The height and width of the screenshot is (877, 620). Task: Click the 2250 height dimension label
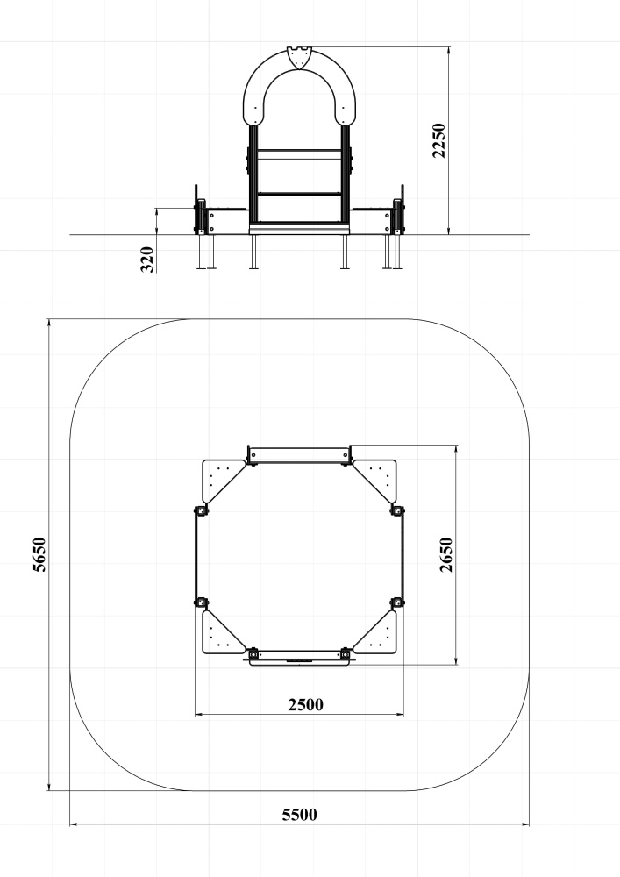tap(439, 140)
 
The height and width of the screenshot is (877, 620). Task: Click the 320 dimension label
tap(146, 259)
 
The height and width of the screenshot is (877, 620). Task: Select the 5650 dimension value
tap(39, 554)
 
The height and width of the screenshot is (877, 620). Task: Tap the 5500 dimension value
tap(299, 815)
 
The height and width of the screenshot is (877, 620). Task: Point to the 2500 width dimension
tap(305, 704)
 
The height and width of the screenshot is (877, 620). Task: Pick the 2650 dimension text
tap(446, 554)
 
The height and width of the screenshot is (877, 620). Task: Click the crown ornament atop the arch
tap(299, 58)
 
